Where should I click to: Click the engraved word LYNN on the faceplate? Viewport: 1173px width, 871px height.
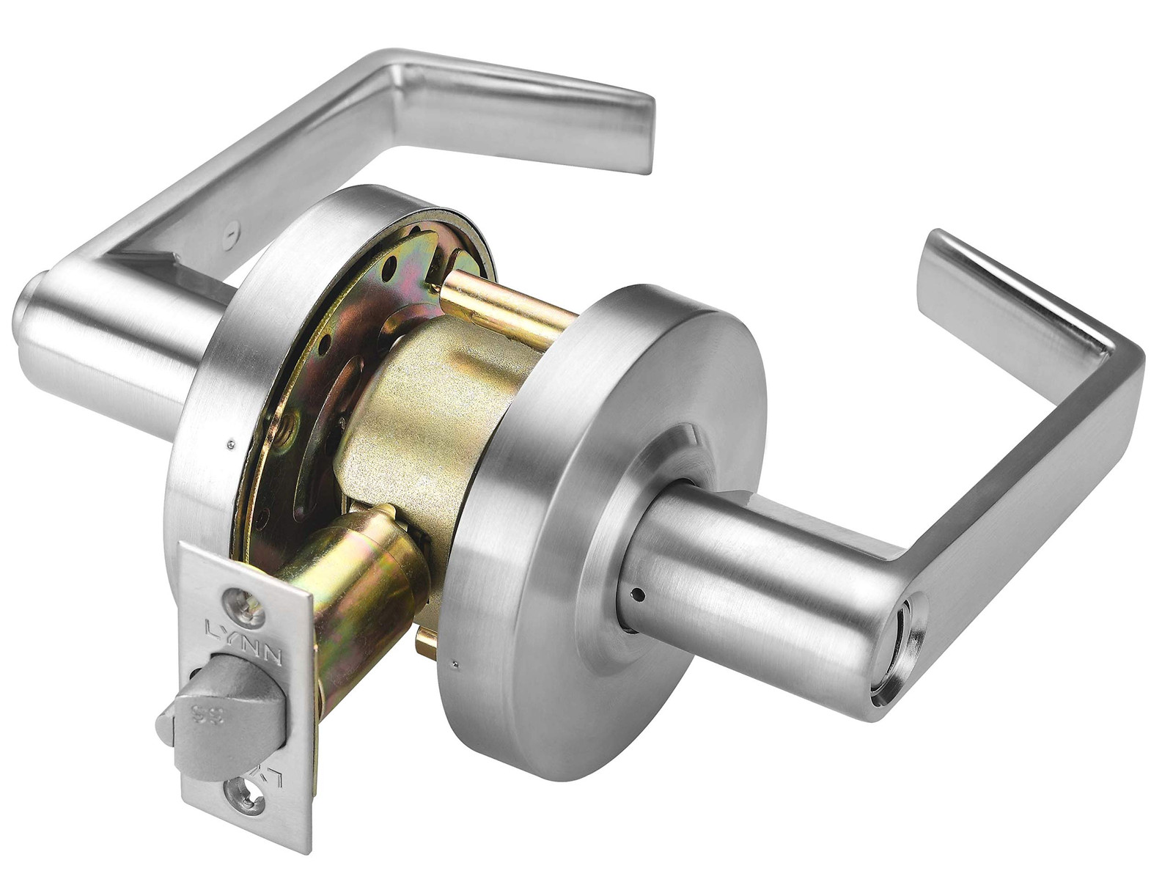[243, 633]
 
